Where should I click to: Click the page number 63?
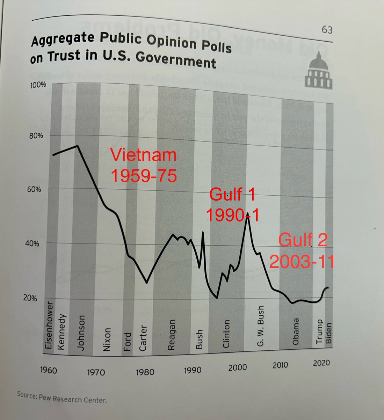point(327,30)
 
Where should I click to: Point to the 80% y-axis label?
point(36,135)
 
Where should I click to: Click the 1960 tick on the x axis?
point(48,369)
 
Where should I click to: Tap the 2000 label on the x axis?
point(238,367)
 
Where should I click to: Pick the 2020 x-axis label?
point(321,363)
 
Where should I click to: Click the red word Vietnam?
point(143,155)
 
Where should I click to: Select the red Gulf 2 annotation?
point(303,241)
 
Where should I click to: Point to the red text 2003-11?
point(302,261)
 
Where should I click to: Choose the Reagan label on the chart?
point(171,335)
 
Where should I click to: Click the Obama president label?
point(296,331)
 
